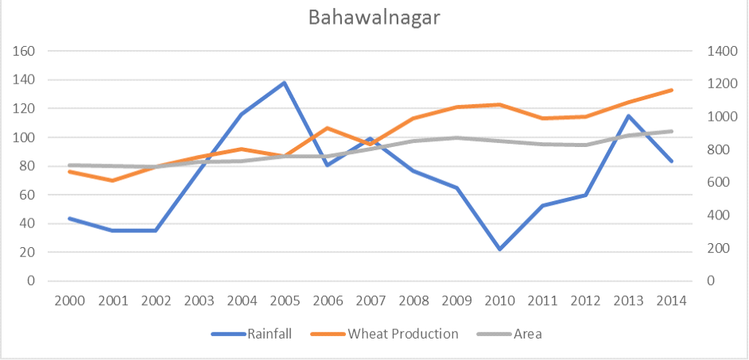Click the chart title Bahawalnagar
(x=374, y=17)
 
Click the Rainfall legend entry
(x=251, y=333)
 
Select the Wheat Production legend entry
(x=385, y=333)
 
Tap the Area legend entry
(x=510, y=333)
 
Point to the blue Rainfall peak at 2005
(x=284, y=83)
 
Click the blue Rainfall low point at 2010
(x=499, y=250)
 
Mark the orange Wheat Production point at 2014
(x=672, y=90)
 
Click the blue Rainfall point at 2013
(x=629, y=115)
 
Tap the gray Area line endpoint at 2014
(x=672, y=131)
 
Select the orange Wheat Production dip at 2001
(x=112, y=180)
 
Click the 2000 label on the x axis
(x=69, y=301)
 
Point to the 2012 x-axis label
(x=586, y=301)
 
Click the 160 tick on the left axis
(x=24, y=51)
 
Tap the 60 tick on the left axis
(x=28, y=195)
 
